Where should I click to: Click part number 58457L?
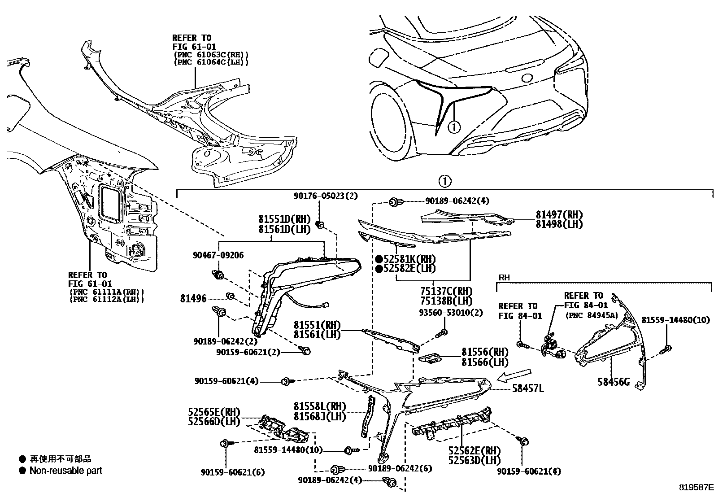(528, 389)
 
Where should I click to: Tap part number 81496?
(193, 298)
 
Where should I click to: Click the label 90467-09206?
(218, 255)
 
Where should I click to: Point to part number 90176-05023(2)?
(319, 196)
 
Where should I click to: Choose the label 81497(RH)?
(559, 215)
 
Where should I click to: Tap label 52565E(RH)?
(214, 412)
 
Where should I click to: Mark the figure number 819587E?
(695, 487)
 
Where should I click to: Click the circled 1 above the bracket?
(444, 182)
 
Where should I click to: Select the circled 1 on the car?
(454, 127)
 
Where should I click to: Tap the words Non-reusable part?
(65, 471)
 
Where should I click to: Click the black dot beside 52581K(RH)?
(379, 259)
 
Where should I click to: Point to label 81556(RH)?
(485, 353)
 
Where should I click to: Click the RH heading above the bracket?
(504, 278)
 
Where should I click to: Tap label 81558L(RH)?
(320, 406)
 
